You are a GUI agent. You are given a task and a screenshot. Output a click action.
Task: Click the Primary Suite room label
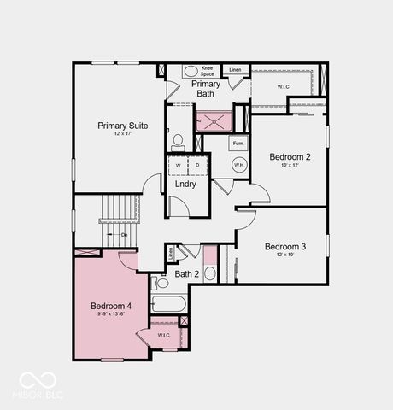point(122,126)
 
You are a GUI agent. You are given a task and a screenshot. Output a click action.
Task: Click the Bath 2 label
point(187,274)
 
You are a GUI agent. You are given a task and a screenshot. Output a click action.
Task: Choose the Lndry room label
point(185,184)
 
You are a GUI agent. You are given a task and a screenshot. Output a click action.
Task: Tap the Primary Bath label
point(206,88)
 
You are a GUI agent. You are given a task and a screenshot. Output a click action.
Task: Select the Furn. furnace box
point(238,143)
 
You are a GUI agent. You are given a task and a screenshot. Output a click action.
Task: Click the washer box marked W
point(179,164)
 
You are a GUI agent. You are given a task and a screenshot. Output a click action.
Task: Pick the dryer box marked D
point(197,164)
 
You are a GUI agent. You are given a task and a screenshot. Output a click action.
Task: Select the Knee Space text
point(208,71)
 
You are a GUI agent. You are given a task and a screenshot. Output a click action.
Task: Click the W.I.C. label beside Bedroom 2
point(284,86)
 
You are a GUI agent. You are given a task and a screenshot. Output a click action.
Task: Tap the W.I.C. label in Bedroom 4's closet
point(163,335)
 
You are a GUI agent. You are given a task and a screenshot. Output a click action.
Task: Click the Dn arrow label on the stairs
point(123,234)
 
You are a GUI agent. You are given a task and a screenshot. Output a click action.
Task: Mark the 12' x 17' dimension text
point(122,136)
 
